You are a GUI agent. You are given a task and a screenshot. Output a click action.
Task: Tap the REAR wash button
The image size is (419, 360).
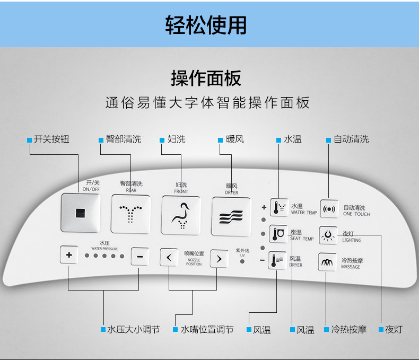tap(130, 214)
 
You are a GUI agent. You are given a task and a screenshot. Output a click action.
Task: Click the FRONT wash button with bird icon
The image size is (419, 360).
tap(181, 215)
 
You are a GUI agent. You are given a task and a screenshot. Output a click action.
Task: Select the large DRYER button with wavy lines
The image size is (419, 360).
tap(231, 216)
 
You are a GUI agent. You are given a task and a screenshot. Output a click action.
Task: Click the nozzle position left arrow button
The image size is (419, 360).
tap(169, 258)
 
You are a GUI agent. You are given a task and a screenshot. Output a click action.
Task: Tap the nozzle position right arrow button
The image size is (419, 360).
tap(219, 258)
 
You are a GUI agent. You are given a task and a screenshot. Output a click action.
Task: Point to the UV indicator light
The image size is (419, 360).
tap(242, 262)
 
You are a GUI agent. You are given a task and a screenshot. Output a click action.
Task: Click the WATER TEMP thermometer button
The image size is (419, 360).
tap(279, 207)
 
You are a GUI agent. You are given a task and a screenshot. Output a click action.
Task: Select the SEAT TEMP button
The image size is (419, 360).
tap(279, 234)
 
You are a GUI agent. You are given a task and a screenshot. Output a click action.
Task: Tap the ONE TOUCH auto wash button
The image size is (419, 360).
tap(329, 208)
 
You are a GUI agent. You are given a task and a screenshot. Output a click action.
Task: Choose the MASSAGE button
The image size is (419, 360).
tap(328, 262)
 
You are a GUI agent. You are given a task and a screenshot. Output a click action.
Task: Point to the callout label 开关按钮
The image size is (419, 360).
tap(51, 139)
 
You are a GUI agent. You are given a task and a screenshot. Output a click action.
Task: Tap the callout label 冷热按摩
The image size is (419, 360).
tap(348, 329)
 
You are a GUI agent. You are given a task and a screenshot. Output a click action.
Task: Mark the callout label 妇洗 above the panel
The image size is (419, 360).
tap(176, 139)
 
